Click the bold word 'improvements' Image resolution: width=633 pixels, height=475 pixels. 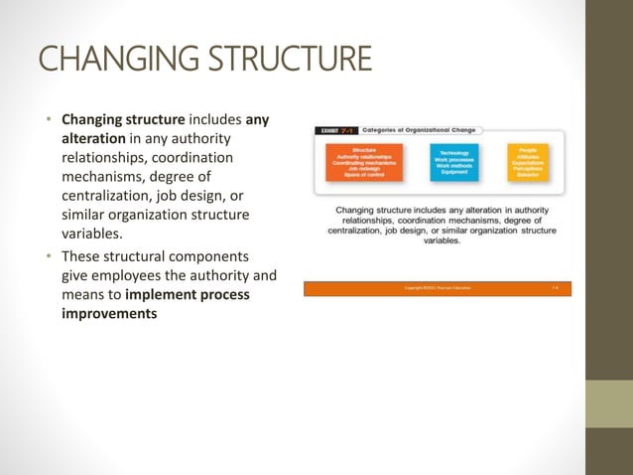pos(109,313)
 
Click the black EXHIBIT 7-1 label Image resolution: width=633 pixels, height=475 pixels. pos(333,129)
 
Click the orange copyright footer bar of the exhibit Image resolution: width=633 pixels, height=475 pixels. pos(437,288)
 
